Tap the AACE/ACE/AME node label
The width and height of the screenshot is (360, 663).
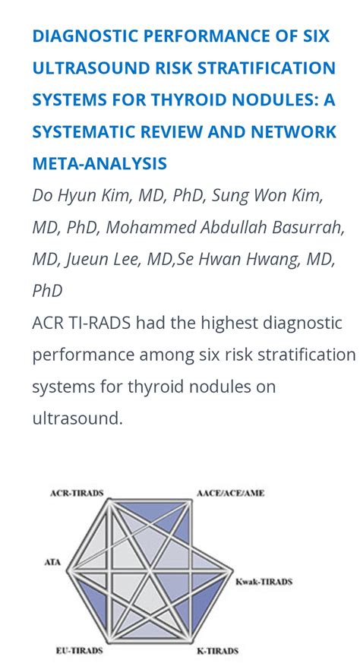coord(230,493)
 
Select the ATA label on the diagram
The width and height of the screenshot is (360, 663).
coord(52,563)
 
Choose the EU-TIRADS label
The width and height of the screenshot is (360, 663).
coord(79,650)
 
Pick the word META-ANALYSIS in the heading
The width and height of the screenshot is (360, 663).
coord(99,163)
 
